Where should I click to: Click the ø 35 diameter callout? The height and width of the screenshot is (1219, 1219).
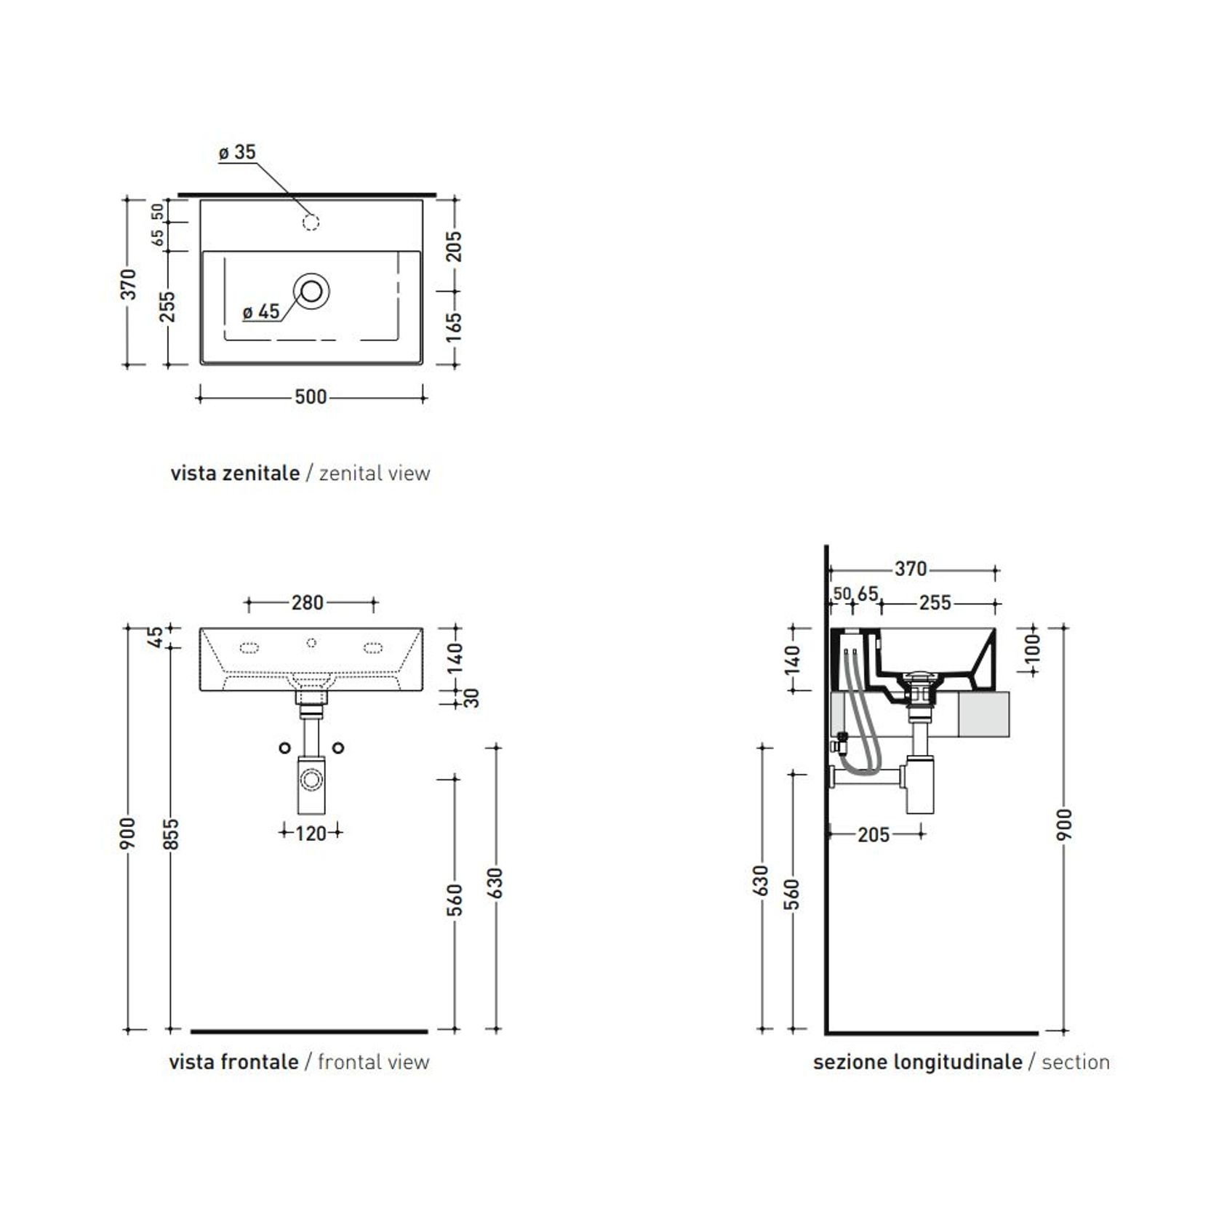[237, 152]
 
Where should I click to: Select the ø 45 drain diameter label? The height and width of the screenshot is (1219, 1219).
[261, 312]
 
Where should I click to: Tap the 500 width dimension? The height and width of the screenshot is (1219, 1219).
[311, 397]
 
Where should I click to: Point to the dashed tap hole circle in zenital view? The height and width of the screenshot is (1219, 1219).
[311, 223]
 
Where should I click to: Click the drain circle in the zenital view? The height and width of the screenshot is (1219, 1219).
[311, 291]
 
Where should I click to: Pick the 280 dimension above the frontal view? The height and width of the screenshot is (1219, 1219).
[308, 603]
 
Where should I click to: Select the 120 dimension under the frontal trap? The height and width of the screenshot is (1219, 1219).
[311, 834]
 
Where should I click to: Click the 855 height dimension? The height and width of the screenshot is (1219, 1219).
[170, 834]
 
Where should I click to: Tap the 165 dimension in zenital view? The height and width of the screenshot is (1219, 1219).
[454, 327]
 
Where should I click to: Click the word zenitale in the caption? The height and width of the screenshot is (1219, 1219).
[261, 473]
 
